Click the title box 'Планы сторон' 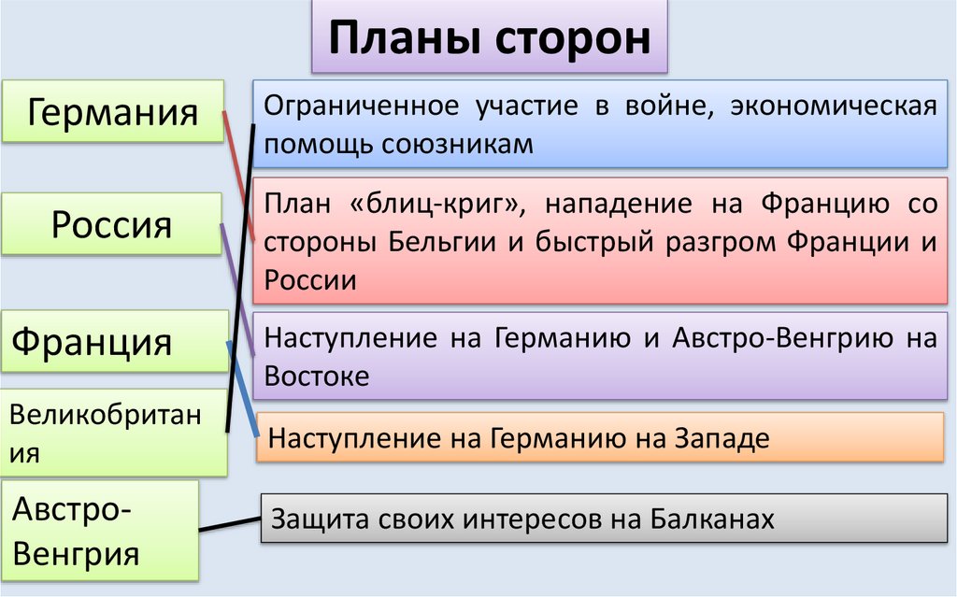click(x=490, y=39)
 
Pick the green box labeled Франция click(x=93, y=341)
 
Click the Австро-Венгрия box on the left click(x=100, y=531)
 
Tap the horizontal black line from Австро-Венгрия click(x=230, y=528)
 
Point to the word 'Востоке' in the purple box click(x=317, y=376)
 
